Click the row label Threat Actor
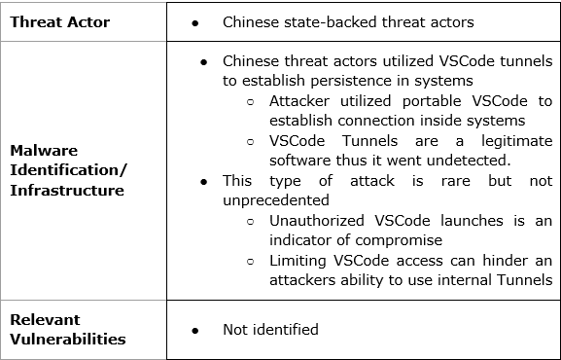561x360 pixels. coord(59,20)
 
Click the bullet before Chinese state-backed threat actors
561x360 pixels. coord(195,21)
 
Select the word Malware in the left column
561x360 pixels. coord(45,151)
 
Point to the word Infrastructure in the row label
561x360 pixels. coord(68,190)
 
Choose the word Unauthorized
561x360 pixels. coord(317,220)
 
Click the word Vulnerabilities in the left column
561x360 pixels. coord(68,339)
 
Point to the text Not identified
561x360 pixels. coord(270,329)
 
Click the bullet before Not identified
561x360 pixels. coord(195,330)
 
